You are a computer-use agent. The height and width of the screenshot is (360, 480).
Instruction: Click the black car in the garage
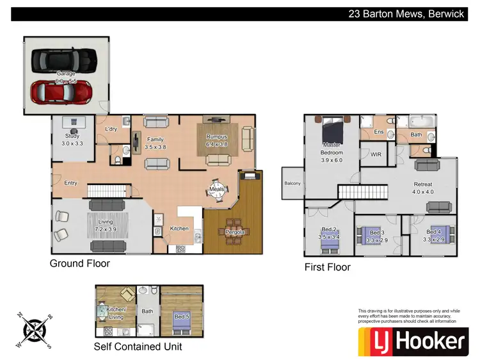tap(63, 60)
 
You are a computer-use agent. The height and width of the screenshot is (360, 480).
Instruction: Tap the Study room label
tap(72, 136)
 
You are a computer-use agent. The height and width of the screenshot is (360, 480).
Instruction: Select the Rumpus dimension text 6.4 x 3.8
tap(217, 145)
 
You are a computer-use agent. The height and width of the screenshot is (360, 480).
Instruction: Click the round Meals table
tap(216, 190)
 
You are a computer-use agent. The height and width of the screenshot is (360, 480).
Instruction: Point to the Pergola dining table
tap(234, 232)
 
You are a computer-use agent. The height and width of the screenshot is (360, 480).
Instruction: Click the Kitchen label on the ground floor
tap(179, 229)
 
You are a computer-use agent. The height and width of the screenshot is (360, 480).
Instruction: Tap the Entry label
tap(70, 183)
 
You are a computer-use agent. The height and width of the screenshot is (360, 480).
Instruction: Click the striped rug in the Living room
tap(106, 226)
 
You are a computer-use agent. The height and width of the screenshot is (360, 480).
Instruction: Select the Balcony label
tap(292, 183)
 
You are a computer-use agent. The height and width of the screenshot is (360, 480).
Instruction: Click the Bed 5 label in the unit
tap(182, 316)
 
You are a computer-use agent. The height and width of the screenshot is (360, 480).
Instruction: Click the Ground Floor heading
tap(80, 263)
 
